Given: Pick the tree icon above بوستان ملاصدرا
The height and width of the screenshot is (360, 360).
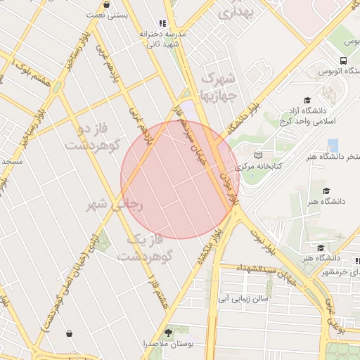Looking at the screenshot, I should [168, 332].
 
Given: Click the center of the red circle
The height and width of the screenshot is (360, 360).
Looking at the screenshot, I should [180, 179].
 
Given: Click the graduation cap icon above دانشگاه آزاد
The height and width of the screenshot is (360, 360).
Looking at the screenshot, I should [307, 100].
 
